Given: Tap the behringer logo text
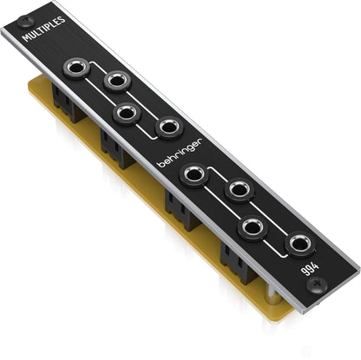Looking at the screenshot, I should click(x=180, y=151).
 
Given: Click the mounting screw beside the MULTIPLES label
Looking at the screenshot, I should click(x=23, y=19).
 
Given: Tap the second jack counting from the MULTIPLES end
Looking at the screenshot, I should click(x=116, y=82).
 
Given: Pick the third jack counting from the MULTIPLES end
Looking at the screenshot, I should click(x=126, y=113).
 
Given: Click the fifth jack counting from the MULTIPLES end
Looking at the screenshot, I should click(x=193, y=174).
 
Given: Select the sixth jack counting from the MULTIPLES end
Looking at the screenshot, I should click(x=238, y=189).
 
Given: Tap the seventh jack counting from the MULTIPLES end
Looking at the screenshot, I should click(x=253, y=227).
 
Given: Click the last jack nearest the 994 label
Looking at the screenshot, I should click(x=300, y=245).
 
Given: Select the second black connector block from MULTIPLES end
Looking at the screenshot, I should click(x=117, y=147).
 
